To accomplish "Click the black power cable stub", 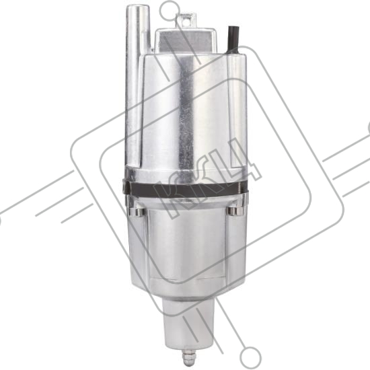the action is coord(233,40).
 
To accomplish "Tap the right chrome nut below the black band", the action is coord(235,211).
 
